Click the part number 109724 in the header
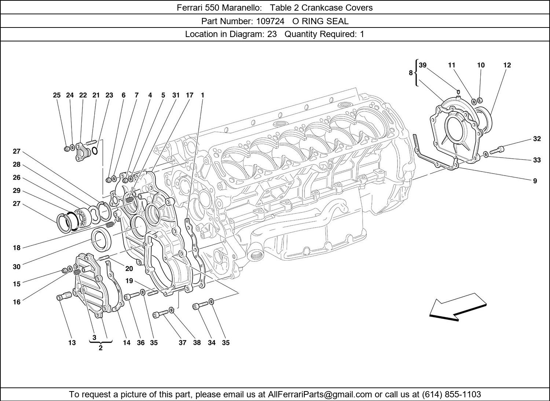click(x=270, y=21)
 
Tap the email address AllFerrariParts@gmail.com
click(x=320, y=394)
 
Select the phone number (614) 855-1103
click(x=451, y=394)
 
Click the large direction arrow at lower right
click(x=458, y=307)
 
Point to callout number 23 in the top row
click(x=109, y=95)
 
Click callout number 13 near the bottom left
click(x=72, y=343)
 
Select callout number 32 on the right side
click(x=537, y=139)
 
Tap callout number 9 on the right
click(x=535, y=181)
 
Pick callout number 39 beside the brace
click(x=423, y=65)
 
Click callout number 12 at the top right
click(x=507, y=65)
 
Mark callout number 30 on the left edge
click(x=16, y=267)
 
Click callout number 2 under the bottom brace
click(x=100, y=348)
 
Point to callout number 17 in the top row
click(x=189, y=95)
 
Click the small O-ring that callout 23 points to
click(x=95, y=150)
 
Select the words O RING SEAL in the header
click(x=320, y=21)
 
